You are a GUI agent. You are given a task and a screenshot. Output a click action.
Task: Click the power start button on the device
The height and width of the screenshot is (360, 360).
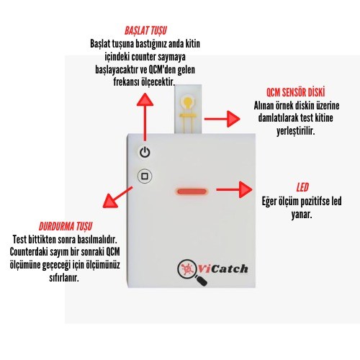[145, 152]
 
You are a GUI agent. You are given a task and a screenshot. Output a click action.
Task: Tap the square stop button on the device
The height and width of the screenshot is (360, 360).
[145, 176]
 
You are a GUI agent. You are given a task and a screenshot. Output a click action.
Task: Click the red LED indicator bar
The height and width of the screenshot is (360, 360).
[192, 192]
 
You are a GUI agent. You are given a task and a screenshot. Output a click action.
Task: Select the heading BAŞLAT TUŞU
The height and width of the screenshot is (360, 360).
[145, 31]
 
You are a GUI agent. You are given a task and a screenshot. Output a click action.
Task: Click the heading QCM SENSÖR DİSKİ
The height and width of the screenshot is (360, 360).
[296, 92]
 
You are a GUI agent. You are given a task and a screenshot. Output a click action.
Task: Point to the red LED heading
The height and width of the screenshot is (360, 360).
[302, 187]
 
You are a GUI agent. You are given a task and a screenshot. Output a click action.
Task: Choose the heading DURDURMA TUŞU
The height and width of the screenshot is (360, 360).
[66, 226]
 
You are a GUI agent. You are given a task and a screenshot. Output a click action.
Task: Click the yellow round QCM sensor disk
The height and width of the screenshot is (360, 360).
[188, 101]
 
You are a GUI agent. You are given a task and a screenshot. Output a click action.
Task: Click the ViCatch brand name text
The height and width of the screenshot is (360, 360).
[222, 269]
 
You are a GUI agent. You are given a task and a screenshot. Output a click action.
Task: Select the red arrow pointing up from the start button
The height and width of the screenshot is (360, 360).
[145, 117]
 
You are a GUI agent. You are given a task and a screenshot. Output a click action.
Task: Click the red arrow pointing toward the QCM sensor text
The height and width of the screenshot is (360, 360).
[222, 119]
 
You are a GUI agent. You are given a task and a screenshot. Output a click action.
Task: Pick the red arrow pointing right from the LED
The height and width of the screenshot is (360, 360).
[234, 189]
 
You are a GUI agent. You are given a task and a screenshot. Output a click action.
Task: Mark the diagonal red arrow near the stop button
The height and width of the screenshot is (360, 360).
[117, 197]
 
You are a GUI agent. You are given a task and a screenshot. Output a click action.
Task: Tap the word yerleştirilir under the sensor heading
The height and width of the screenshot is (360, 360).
[295, 131]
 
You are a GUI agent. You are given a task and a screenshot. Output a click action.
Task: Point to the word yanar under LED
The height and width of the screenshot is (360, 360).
[302, 215]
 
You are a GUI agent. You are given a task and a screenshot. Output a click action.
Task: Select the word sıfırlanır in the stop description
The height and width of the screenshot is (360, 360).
[64, 278]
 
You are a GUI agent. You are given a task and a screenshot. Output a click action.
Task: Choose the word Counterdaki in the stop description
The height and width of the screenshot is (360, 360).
[29, 252]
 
